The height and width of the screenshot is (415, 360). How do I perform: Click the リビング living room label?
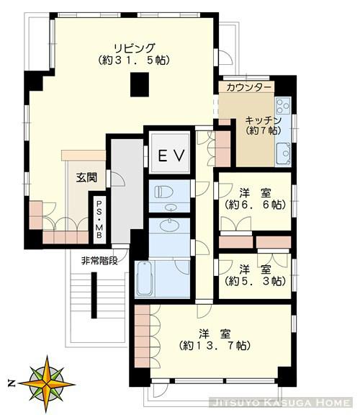[134, 48]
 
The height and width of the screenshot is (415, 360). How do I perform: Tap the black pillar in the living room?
[140, 84]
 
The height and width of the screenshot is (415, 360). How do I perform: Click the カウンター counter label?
[249, 87]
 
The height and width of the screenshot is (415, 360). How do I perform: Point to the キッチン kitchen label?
[264, 121]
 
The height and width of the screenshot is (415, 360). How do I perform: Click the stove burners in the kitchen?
[283, 105]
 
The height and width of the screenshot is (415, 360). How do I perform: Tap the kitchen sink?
[283, 154]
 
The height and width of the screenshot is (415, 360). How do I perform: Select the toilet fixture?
[163, 192]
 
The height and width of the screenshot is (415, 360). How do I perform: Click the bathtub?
[145, 279]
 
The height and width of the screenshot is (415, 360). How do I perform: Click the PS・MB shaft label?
[99, 220]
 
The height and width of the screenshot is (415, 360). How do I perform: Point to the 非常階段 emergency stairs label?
[99, 261]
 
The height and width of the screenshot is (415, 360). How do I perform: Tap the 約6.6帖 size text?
[256, 205]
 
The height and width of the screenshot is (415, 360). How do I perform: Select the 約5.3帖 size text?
[256, 281]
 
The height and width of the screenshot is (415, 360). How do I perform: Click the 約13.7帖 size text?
[215, 346]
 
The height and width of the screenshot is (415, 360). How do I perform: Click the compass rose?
[47, 383]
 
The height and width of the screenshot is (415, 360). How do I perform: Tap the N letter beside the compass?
[11, 383]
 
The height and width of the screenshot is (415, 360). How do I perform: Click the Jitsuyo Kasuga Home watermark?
[281, 403]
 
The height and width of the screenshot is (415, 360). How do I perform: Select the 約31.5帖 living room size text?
[134, 61]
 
